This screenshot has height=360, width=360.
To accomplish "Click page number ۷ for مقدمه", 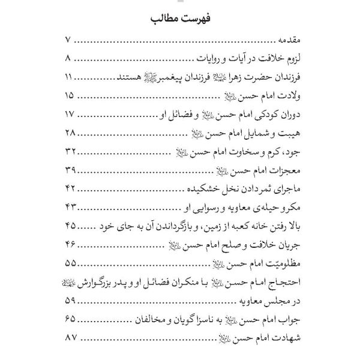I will click(x=67, y=41).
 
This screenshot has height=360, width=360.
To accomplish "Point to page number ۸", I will click(x=67, y=59).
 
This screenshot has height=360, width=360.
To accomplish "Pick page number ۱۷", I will click(x=68, y=114).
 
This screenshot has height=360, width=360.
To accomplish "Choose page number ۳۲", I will click(x=69, y=151).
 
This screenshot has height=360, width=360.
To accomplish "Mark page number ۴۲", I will click(x=69, y=188).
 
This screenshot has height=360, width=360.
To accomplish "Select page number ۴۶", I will click(x=69, y=243).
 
